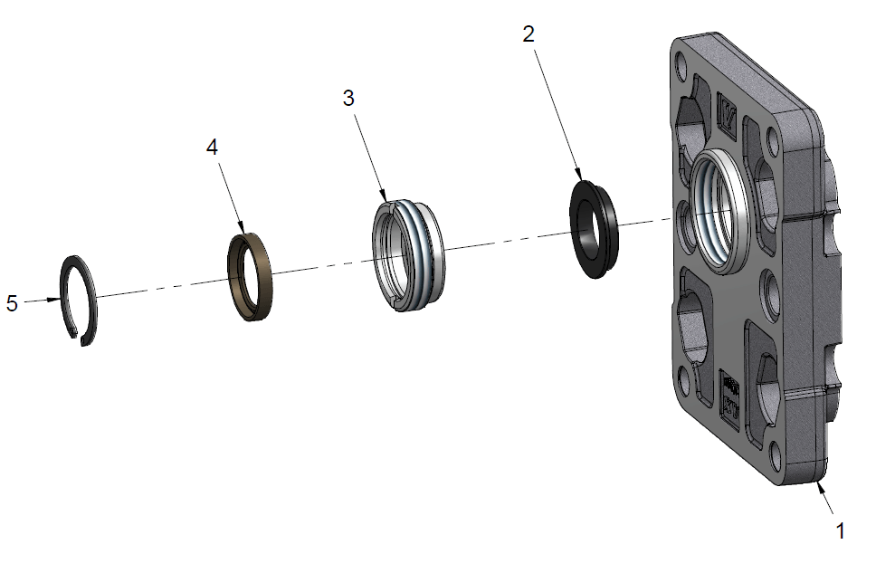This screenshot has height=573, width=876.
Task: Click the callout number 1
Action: point(840,531)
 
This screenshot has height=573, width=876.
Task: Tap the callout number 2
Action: point(528,34)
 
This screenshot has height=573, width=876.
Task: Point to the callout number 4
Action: point(212,148)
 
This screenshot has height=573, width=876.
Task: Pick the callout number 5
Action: point(12,303)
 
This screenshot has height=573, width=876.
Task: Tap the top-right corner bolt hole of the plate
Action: point(772,142)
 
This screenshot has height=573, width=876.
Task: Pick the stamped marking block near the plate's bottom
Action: point(730,399)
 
